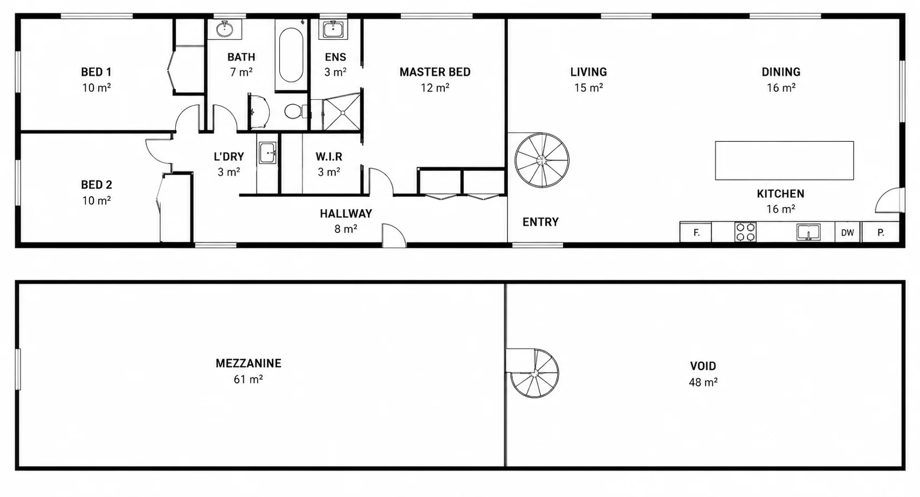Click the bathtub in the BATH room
click(291, 55)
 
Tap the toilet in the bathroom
click(296, 111)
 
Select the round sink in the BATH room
click(224, 29)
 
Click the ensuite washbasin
click(333, 30)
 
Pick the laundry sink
click(267, 153)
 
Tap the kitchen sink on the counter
click(808, 232)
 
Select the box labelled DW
click(847, 233)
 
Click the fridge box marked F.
click(696, 233)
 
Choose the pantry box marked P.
click(881, 233)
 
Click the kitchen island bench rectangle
click(785, 161)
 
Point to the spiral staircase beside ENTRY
click(542, 160)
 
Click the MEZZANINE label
click(249, 363)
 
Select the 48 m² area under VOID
click(703, 382)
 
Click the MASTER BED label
click(435, 72)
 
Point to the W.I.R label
click(329, 157)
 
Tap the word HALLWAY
click(346, 213)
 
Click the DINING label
click(781, 72)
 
